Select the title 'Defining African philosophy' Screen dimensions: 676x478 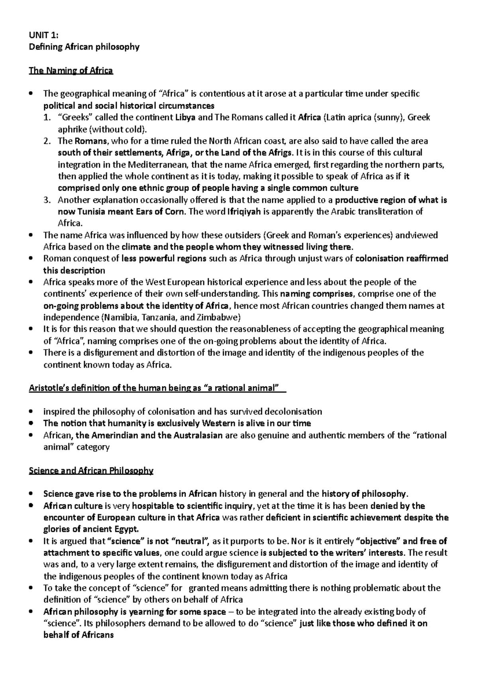coord(84,47)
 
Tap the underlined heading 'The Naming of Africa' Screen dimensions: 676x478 coord(71,70)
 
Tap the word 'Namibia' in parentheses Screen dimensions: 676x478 coord(119,317)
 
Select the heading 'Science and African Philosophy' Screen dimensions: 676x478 coord(91,471)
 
